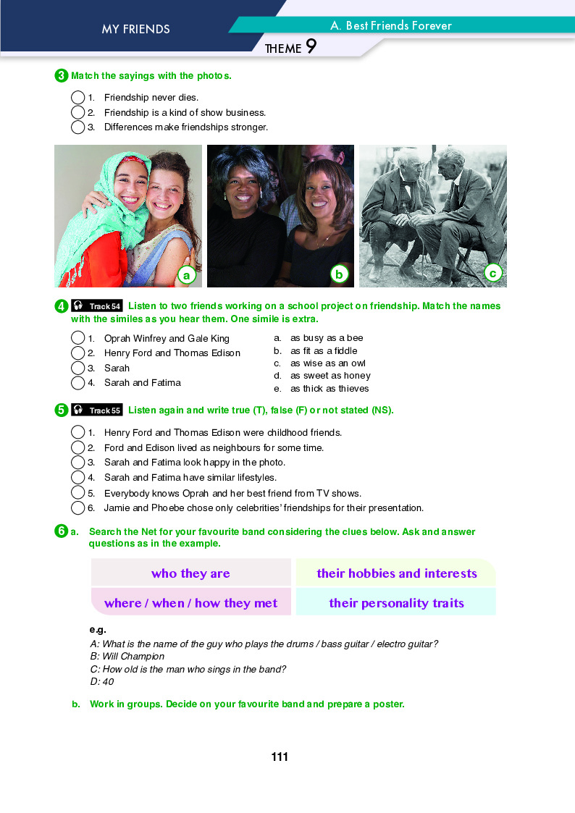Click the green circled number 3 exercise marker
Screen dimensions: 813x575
[x=62, y=75]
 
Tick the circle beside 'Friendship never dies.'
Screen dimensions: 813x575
[x=78, y=97]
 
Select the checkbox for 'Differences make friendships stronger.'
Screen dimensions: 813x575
[x=78, y=127]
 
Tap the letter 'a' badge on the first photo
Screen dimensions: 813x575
[x=186, y=274]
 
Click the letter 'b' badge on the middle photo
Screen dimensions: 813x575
[x=338, y=274]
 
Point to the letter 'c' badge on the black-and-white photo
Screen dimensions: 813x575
[x=492, y=273]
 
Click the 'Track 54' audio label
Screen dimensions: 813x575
[x=97, y=306]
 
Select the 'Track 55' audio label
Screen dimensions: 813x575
[x=97, y=410]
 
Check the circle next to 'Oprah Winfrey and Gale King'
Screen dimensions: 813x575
[x=78, y=338]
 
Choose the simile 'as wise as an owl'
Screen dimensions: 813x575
[x=327, y=363]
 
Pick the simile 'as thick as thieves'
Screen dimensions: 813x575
[x=330, y=389]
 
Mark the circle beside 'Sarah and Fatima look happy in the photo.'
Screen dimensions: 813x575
[x=78, y=463]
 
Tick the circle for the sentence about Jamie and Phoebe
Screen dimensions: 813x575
[x=78, y=508]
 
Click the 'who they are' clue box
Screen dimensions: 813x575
[x=190, y=573]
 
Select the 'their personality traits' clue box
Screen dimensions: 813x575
[x=396, y=602]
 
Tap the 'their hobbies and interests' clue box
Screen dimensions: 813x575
[x=396, y=573]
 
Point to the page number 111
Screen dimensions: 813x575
[x=280, y=757]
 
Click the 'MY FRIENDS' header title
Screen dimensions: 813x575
[x=135, y=30]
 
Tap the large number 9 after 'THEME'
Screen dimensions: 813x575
[x=311, y=47]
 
